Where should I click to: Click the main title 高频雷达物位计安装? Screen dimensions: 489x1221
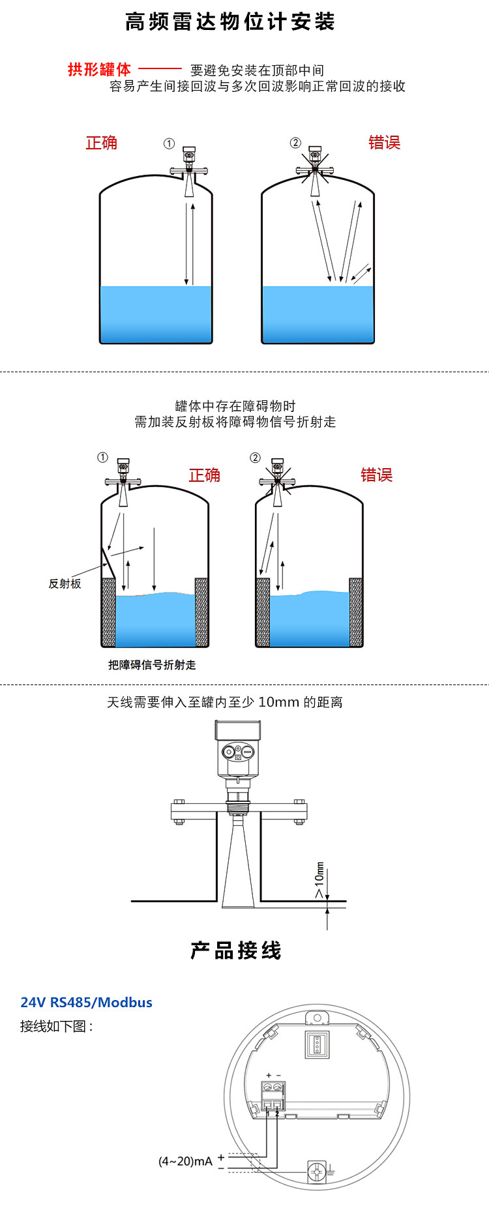(x=230, y=22)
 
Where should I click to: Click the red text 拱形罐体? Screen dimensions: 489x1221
(x=99, y=70)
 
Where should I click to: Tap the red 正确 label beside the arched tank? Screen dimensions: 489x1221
(x=102, y=143)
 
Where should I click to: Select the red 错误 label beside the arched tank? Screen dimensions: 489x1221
(x=384, y=143)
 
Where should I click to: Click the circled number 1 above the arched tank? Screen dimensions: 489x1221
(x=169, y=143)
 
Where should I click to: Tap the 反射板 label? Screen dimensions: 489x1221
(x=65, y=583)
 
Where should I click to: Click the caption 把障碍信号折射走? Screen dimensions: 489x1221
(x=152, y=665)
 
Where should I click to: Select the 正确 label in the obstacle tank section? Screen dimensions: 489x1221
(x=204, y=475)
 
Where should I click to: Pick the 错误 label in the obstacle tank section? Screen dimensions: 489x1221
(x=376, y=475)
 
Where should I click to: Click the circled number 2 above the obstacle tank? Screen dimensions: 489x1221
(x=255, y=458)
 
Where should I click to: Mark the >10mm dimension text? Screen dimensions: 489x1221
(x=319, y=880)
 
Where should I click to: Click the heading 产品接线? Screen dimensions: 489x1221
(x=236, y=950)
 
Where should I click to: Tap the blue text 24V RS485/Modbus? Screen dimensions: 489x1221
(x=86, y=1003)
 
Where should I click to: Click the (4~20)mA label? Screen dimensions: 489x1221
(x=185, y=1161)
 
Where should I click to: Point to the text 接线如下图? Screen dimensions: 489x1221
(x=56, y=1026)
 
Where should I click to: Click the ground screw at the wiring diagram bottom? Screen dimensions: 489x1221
(x=317, y=1171)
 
